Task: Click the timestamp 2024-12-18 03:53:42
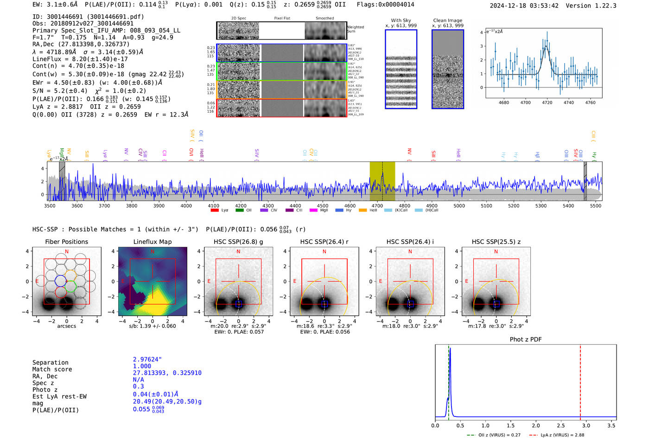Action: [524, 6]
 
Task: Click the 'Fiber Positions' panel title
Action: [66, 242]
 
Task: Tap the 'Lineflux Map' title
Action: [152, 242]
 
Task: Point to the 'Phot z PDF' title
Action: [525, 340]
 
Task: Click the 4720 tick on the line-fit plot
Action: [547, 102]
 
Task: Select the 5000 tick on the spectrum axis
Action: [459, 206]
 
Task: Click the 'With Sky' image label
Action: [401, 20]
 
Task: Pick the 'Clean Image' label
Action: [447, 20]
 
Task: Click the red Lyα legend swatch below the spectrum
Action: [214, 211]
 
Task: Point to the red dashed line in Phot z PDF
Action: [580, 380]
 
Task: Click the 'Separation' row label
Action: [50, 363]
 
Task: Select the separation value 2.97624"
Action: [147, 359]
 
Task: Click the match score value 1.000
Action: [141, 366]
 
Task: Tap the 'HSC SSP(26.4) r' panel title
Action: [324, 242]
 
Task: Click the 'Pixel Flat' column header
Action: [282, 19]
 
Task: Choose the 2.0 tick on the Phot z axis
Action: [535, 425]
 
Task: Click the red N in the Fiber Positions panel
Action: [67, 251]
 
